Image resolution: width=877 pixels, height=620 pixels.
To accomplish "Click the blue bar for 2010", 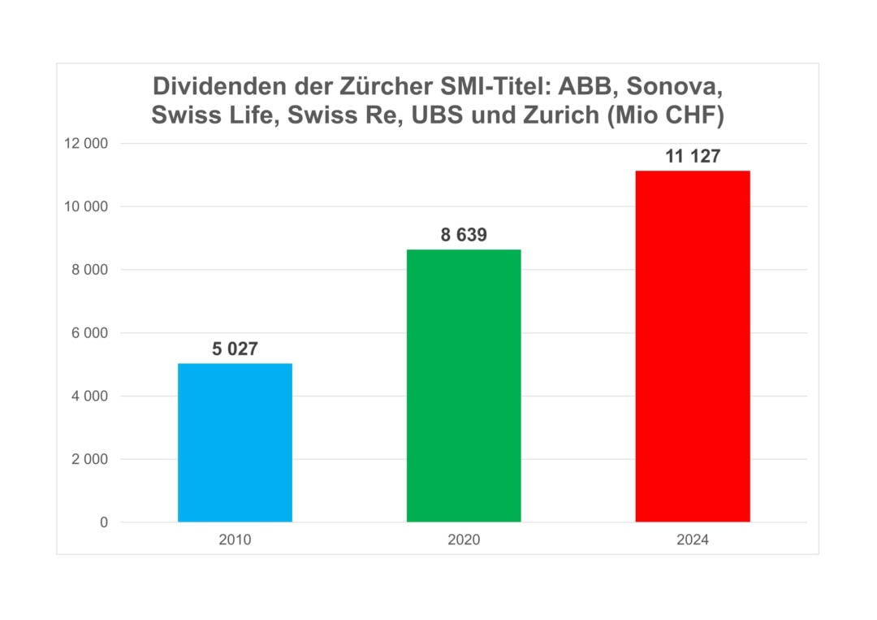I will (235, 442).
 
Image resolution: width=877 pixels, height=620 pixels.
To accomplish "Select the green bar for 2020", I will (464, 385).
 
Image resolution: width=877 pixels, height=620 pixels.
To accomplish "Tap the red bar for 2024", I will (693, 346).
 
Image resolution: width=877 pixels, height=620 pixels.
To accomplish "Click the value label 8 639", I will (464, 236).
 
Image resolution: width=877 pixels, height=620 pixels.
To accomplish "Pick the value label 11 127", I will (693, 157).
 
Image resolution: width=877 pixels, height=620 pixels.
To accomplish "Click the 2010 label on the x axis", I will (235, 540).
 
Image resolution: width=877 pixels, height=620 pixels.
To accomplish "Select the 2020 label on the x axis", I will (464, 540).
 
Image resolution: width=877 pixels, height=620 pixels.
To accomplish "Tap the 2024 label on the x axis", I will (693, 540).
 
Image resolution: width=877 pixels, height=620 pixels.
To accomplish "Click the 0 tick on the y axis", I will (104, 522).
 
